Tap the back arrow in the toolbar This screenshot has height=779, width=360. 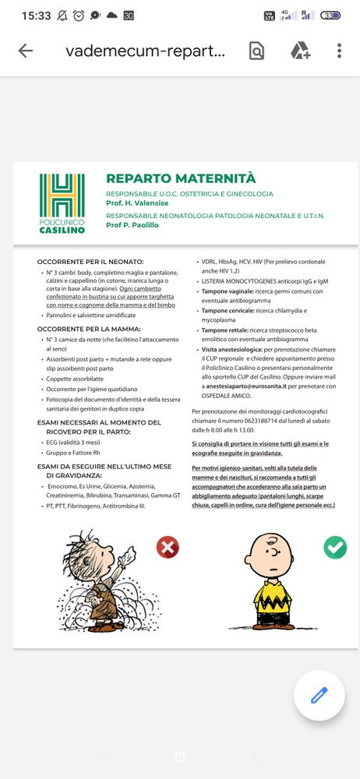(x=26, y=51)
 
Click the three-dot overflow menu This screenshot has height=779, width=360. (x=339, y=51)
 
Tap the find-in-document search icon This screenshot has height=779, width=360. (x=256, y=51)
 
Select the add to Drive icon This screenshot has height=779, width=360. (x=300, y=51)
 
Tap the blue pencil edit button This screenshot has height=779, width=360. (x=319, y=695)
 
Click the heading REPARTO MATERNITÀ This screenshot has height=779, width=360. (x=181, y=179)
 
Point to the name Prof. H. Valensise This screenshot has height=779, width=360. (x=137, y=204)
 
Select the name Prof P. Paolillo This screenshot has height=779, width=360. (x=132, y=225)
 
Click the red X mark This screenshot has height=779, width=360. (x=168, y=547)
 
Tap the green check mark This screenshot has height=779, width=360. (x=335, y=547)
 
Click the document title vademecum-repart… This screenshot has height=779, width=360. (x=146, y=51)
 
